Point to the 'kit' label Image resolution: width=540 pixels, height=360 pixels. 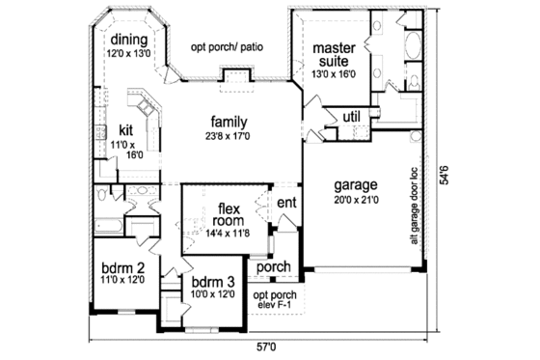[125, 129]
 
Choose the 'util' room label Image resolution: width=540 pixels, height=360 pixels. [352, 117]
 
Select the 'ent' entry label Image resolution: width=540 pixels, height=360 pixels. [286, 203]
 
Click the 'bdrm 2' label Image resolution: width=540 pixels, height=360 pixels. [122, 269]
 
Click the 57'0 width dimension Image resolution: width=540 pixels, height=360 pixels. [266, 346]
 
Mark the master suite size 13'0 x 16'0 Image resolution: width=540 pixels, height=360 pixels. [334, 73]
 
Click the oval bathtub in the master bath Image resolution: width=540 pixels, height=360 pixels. [414, 44]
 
